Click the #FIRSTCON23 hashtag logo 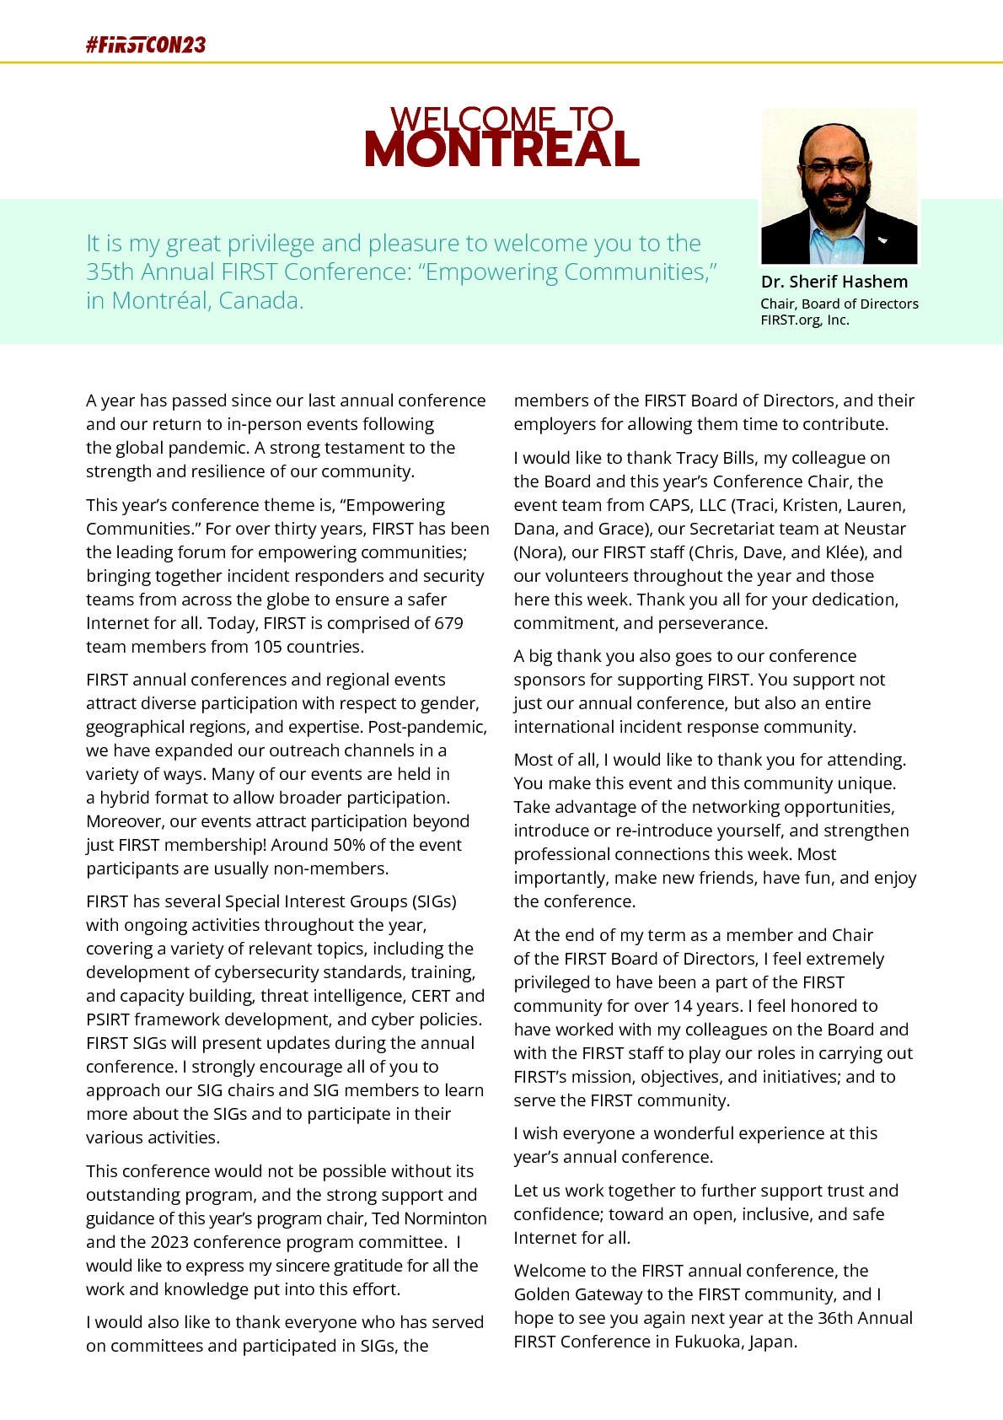146,46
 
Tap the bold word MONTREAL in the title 501,149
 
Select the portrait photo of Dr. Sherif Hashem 839,186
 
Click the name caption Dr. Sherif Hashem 834,282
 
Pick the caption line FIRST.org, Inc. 804,320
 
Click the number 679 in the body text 448,623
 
